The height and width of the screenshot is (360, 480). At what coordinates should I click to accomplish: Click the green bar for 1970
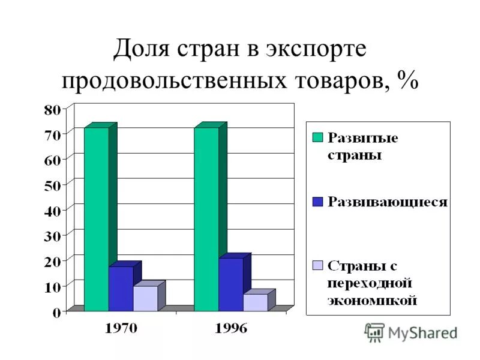(x=96, y=219)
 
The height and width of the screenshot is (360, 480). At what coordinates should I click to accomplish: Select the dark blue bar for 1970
(x=121, y=289)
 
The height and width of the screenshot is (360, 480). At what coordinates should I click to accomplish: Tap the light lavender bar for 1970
(x=145, y=298)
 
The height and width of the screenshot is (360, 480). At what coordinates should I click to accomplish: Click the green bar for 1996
(x=206, y=219)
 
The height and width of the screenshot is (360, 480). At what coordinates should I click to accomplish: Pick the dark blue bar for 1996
(x=230, y=284)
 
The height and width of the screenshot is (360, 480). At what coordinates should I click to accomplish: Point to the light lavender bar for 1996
(x=255, y=302)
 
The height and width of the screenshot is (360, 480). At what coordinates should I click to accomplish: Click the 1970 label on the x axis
(x=122, y=328)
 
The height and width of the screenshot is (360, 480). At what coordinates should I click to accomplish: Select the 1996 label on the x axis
(x=231, y=328)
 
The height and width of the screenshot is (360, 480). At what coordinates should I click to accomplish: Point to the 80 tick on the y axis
(x=52, y=109)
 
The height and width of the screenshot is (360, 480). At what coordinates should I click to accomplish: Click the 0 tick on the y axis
(x=56, y=312)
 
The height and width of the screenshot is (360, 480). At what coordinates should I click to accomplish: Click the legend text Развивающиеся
(x=388, y=202)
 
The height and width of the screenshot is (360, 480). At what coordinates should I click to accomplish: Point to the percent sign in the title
(x=406, y=82)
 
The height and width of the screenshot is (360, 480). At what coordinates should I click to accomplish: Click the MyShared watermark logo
(x=374, y=332)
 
